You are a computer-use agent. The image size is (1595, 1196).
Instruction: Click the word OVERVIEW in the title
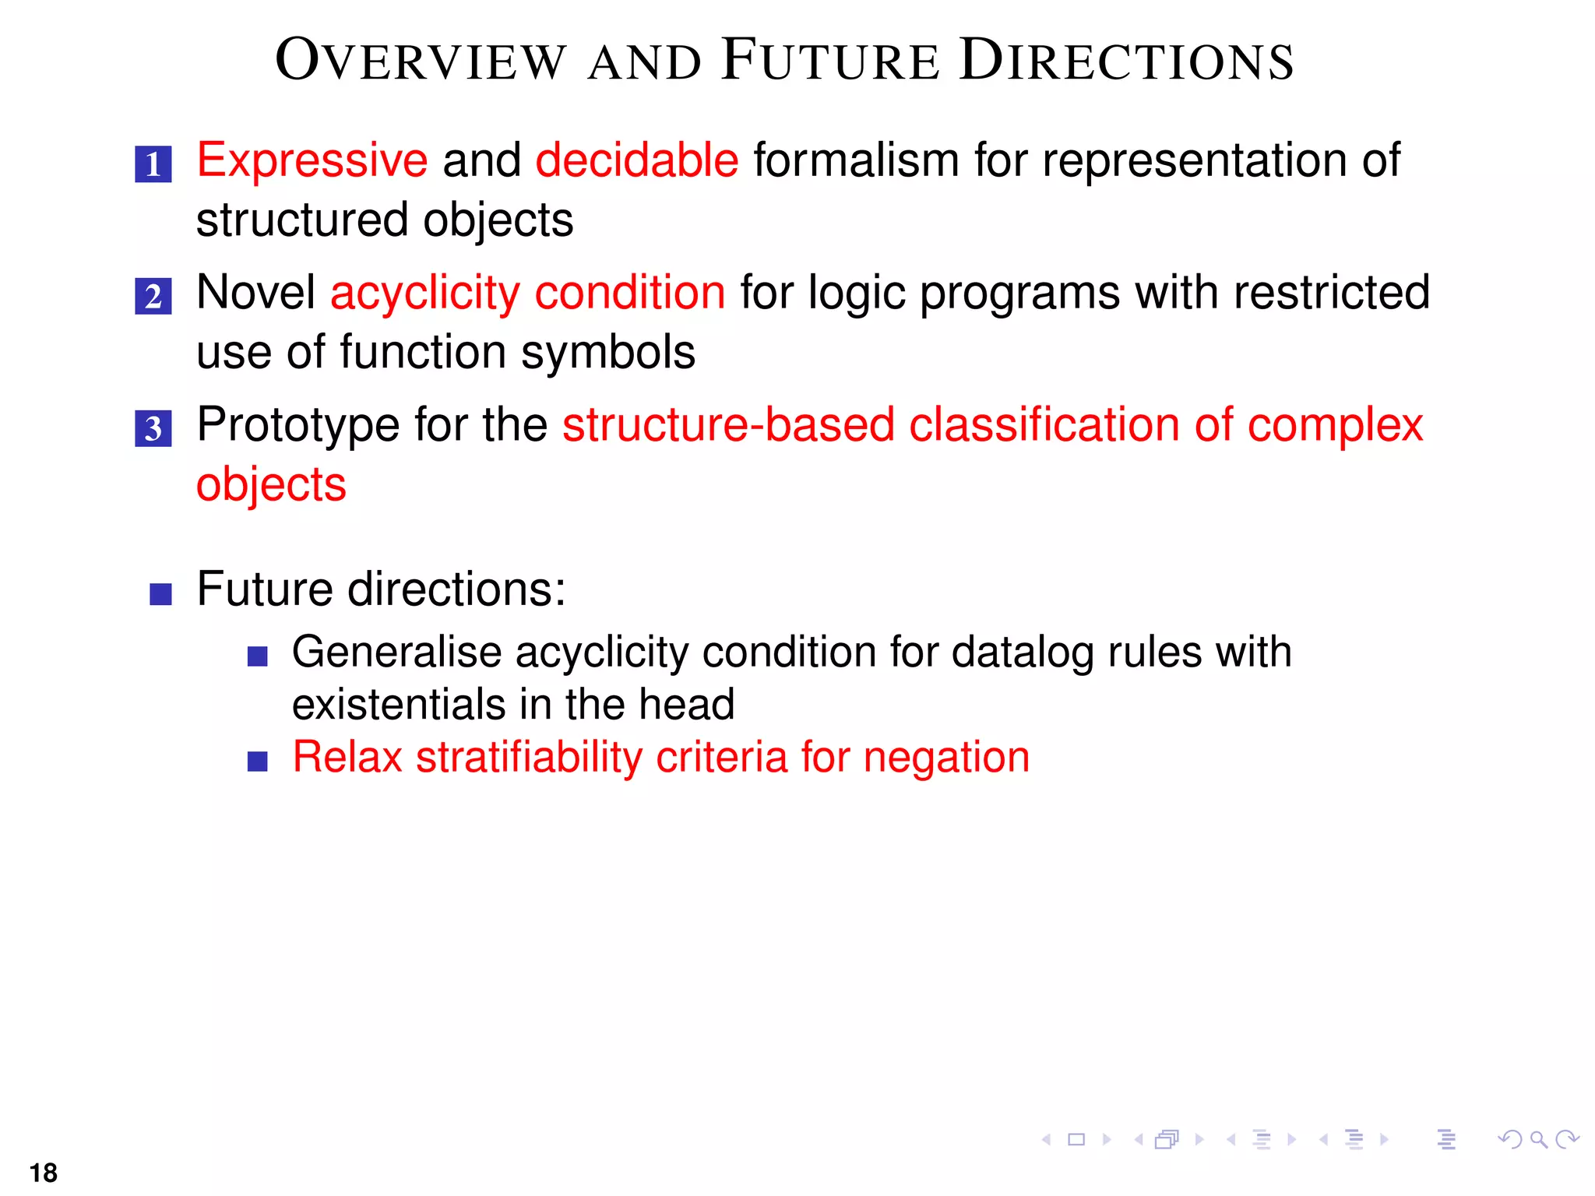tap(421, 61)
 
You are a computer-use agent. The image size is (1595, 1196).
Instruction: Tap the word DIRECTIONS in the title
tap(1126, 61)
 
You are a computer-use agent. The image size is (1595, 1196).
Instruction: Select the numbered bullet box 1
tap(153, 164)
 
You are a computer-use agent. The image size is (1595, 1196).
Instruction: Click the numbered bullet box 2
tap(153, 297)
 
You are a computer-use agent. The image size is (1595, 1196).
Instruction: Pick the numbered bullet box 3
tap(153, 428)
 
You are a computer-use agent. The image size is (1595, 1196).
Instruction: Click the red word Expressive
tap(312, 161)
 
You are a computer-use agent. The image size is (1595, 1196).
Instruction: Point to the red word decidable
tap(636, 161)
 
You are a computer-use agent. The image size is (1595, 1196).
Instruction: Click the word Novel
tap(255, 294)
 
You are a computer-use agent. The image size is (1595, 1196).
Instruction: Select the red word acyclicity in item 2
tap(424, 294)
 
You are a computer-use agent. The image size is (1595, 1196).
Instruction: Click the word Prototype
tap(298, 426)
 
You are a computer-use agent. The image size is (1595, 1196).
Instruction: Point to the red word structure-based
tap(727, 426)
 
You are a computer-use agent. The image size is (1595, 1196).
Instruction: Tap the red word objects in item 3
tap(270, 485)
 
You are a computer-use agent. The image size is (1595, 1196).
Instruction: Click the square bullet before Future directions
tap(160, 595)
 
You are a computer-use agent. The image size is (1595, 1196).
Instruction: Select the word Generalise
tap(396, 653)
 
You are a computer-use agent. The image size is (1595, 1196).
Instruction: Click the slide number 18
tap(44, 1173)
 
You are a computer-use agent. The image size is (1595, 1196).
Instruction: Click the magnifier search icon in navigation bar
tap(1538, 1140)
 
